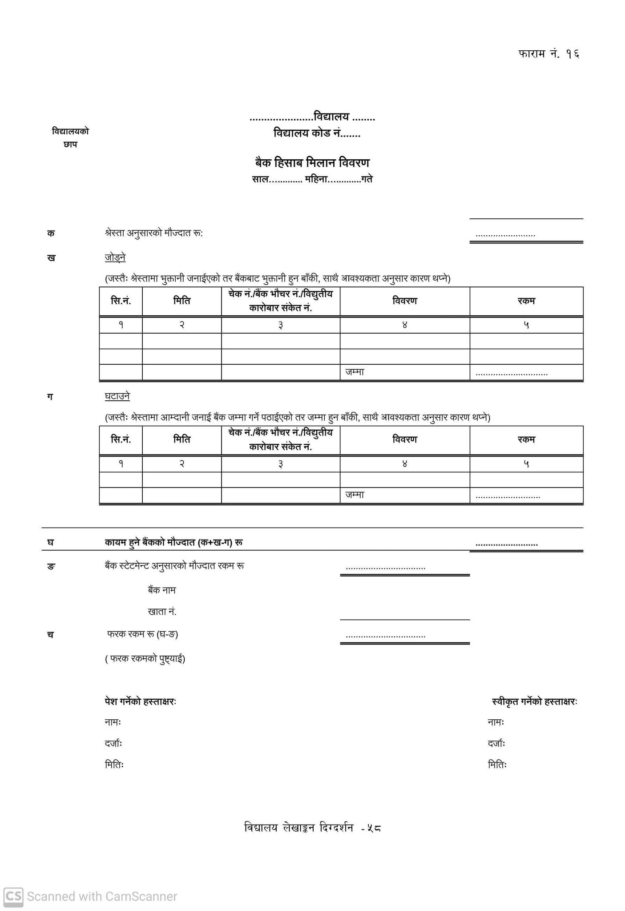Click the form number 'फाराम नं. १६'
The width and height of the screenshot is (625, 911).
coord(548,54)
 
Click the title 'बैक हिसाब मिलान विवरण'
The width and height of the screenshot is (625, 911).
coord(312,163)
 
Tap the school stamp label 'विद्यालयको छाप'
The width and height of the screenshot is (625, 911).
coord(70,138)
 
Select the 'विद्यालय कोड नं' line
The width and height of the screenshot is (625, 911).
coord(317,133)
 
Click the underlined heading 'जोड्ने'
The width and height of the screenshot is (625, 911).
coord(115,258)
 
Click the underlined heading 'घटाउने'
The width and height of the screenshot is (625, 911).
coord(117,396)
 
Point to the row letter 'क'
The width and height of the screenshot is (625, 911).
coord(51,233)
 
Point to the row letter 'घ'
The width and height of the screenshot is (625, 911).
coord(51,542)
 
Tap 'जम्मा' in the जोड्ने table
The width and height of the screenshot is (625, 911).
coord(355,372)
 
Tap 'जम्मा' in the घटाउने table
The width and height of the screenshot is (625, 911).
coord(355,495)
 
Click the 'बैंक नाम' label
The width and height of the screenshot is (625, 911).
coord(161,590)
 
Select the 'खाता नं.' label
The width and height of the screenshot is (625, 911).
coord(162,612)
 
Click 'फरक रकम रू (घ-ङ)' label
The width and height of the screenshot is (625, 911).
coord(142,634)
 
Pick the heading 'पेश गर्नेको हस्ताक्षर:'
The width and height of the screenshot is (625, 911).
coord(141,701)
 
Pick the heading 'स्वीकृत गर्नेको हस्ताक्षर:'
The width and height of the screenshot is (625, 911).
coord(534,701)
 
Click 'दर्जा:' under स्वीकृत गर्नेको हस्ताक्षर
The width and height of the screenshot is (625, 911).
coord(496,743)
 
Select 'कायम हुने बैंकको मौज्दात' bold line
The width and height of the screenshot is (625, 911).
coord(173,542)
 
